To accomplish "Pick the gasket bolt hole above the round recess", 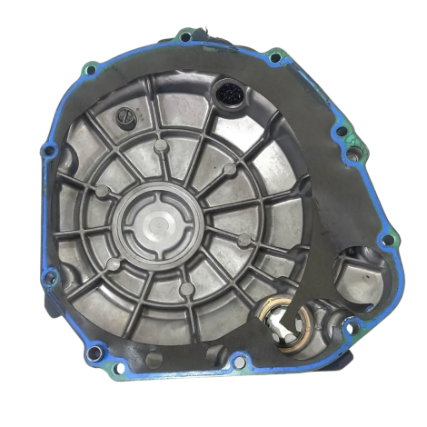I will pos(388,241).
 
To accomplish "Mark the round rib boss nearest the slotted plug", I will pos(161,144).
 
